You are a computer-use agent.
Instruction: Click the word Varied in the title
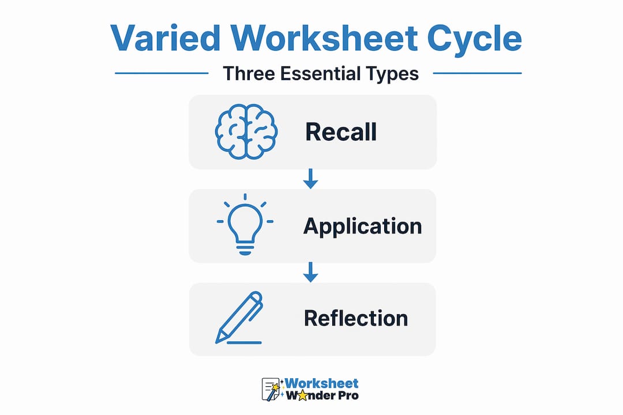(166, 38)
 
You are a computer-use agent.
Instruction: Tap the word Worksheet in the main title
(324, 38)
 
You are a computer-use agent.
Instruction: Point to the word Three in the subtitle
(249, 73)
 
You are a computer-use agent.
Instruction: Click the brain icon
(246, 132)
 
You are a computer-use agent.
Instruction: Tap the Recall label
(341, 132)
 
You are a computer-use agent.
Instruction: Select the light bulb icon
(245, 224)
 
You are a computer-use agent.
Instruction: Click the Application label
(362, 227)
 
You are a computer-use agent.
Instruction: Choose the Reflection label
(356, 318)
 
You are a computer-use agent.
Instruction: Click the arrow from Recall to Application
(311, 179)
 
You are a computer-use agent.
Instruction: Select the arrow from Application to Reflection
(311, 272)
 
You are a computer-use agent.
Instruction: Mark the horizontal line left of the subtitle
(162, 73)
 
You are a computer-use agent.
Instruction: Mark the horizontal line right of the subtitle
(477, 73)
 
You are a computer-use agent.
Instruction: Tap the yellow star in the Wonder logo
(302, 395)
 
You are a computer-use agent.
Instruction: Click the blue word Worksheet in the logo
(321, 383)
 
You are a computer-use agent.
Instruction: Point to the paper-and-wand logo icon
(271, 389)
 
